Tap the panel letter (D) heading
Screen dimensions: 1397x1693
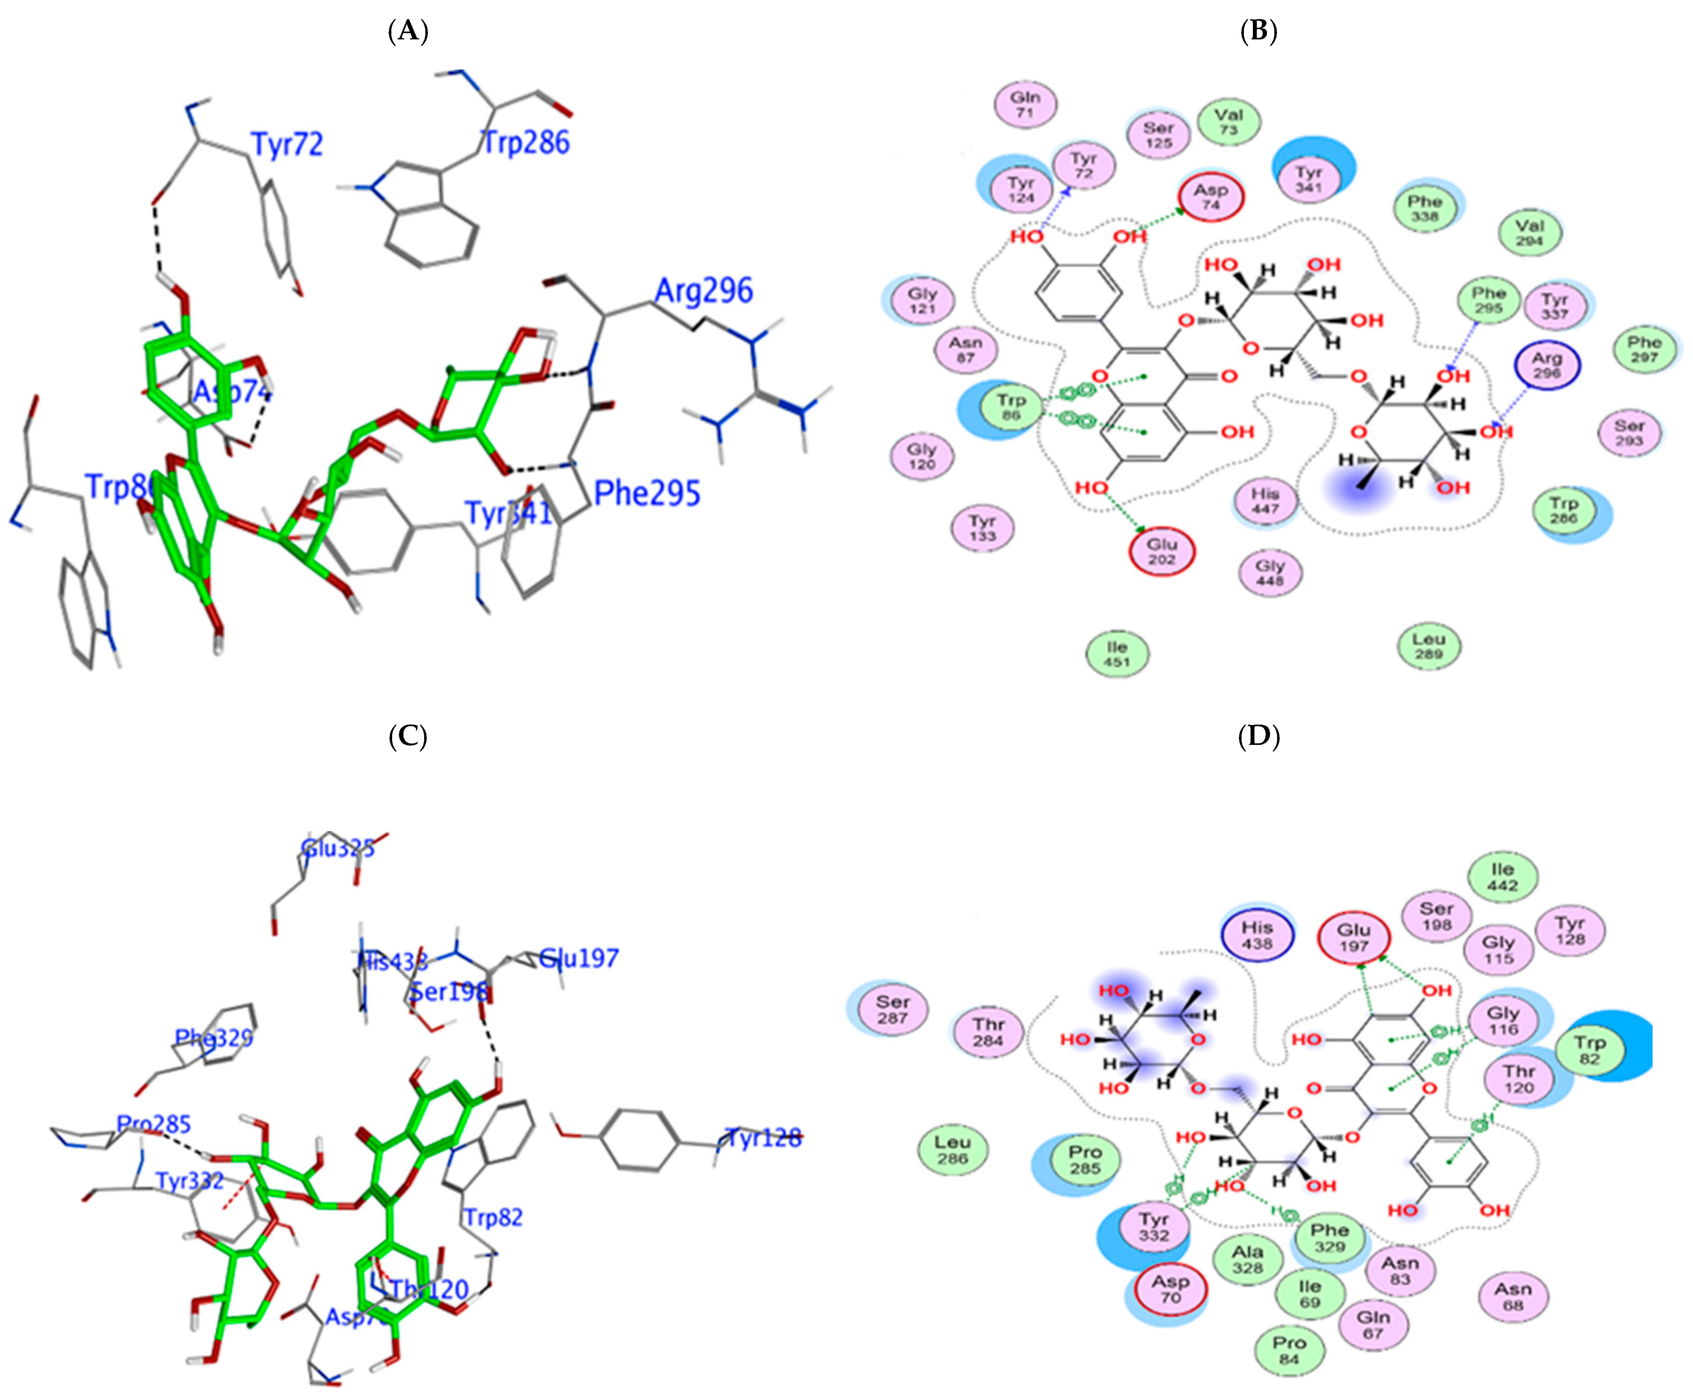point(1258,736)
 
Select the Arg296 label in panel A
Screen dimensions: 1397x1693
point(703,291)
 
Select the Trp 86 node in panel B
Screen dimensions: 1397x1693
point(1011,407)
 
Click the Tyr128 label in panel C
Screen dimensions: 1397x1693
point(763,1138)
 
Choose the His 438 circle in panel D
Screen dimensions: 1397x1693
point(1257,935)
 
